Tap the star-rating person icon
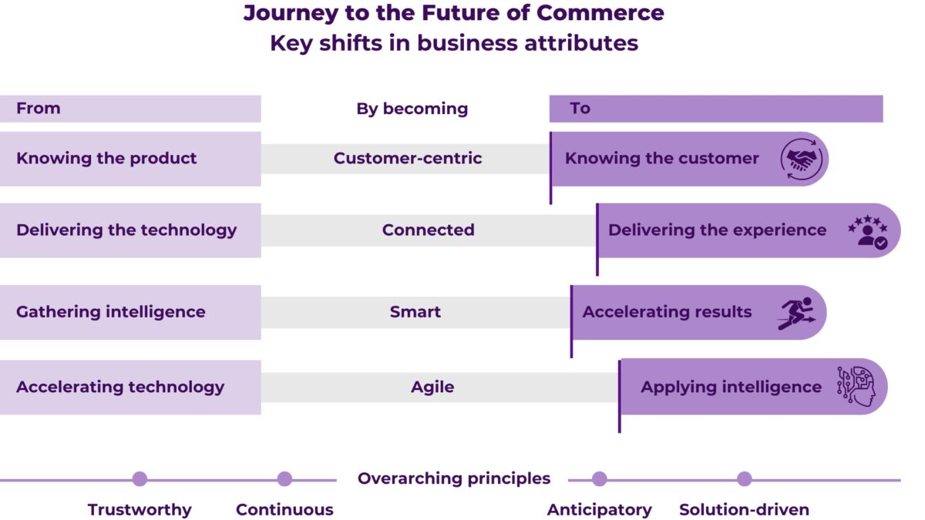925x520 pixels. pyautogui.click(x=868, y=230)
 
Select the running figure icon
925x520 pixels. pyautogui.click(x=795, y=313)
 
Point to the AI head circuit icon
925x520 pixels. pyautogui.click(x=856, y=387)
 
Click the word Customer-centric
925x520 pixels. pyautogui.click(x=407, y=159)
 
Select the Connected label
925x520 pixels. pyautogui.click(x=428, y=230)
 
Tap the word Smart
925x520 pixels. pyautogui.click(x=415, y=312)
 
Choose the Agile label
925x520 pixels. pyautogui.click(x=432, y=387)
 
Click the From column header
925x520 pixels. pyautogui.click(x=38, y=109)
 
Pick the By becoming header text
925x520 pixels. pyautogui.click(x=412, y=109)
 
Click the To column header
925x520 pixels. pyautogui.click(x=580, y=109)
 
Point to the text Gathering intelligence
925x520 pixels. pyautogui.click(x=110, y=312)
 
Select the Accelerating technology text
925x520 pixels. pyautogui.click(x=119, y=387)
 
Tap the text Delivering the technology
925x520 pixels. pyautogui.click(x=126, y=230)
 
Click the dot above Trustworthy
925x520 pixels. pyautogui.click(x=140, y=479)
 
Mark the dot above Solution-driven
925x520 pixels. pyautogui.click(x=744, y=479)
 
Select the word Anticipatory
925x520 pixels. pyautogui.click(x=599, y=510)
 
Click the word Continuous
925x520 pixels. pyautogui.click(x=284, y=510)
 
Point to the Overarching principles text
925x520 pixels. pyautogui.click(x=453, y=479)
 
